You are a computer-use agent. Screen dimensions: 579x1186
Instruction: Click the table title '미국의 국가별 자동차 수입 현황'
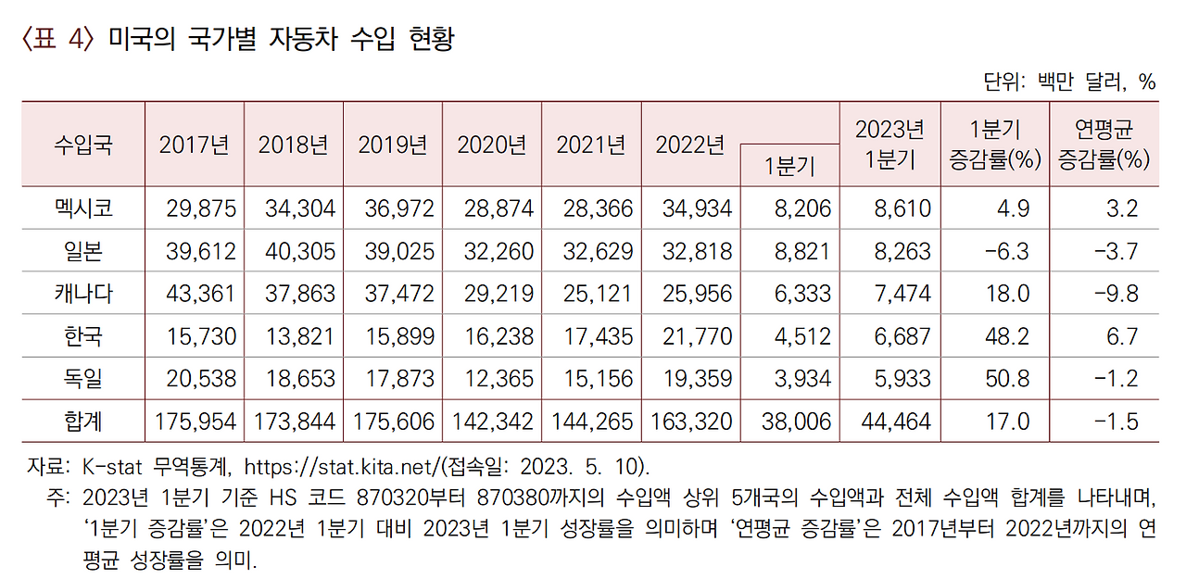[281, 40]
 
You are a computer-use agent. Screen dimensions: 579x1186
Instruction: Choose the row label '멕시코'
[83, 208]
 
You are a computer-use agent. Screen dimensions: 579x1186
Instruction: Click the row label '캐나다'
[83, 293]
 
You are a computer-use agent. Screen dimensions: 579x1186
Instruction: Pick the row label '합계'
[83, 422]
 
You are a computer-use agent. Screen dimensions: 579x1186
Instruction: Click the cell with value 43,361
[196, 293]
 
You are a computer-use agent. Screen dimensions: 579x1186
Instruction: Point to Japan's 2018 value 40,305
[296, 250]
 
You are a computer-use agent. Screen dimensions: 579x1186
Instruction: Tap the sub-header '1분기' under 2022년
[789, 166]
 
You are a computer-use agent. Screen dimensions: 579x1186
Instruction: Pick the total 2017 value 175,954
[195, 422]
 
